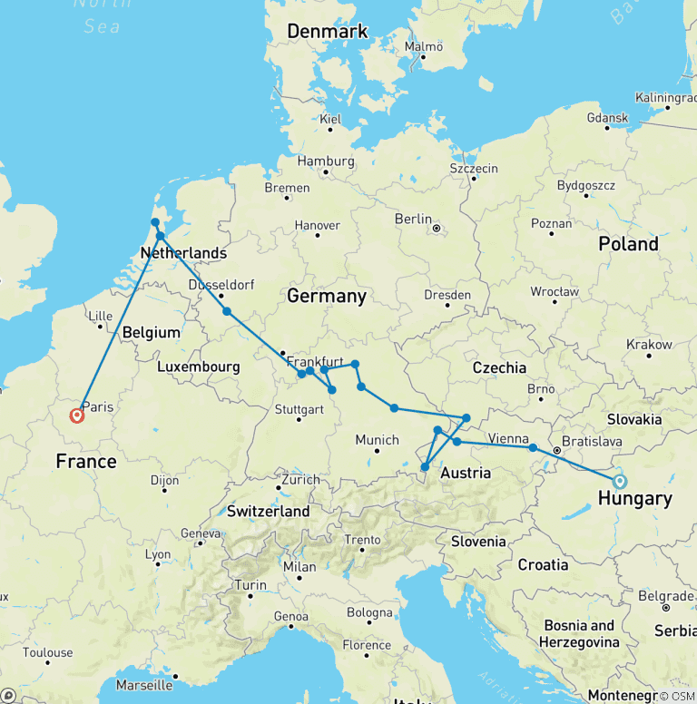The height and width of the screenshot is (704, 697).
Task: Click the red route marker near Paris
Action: coord(77,416)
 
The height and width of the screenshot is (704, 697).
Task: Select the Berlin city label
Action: coord(412,219)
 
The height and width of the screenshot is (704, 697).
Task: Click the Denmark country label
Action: coord(328,32)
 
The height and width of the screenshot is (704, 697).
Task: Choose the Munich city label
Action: coord(377,440)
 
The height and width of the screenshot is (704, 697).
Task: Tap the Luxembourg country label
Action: coord(198,367)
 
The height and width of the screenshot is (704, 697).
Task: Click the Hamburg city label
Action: coord(324,161)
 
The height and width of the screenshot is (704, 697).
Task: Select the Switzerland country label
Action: coord(268,512)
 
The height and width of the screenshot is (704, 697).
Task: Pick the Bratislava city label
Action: coord(592,442)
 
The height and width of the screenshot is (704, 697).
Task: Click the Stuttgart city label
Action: coord(299,408)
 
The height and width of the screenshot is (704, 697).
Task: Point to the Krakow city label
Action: coord(649,345)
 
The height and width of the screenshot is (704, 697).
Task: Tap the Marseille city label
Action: coord(145,684)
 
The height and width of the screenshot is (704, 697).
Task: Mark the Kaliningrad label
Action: coord(666,97)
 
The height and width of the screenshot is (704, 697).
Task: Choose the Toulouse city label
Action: coord(47,652)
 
